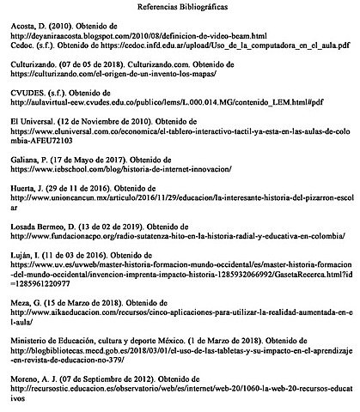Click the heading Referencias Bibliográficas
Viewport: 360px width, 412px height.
click(180, 7)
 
